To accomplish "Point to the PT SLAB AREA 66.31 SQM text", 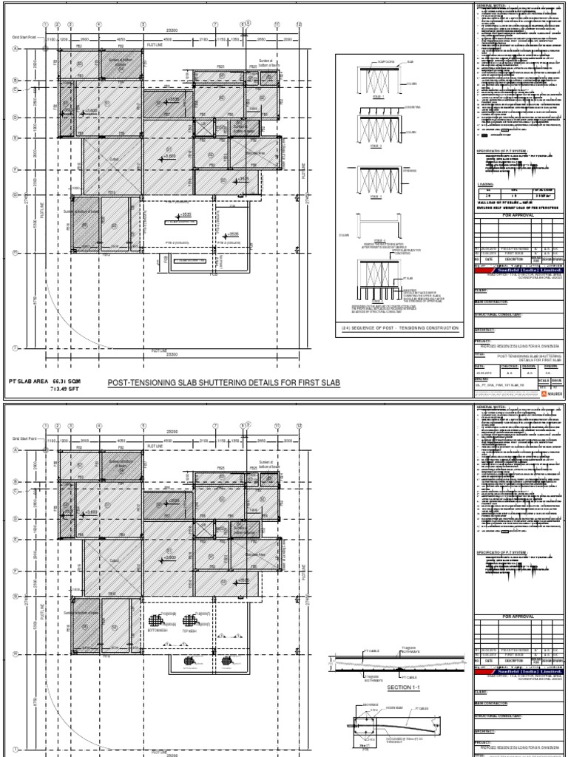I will click(x=44, y=379).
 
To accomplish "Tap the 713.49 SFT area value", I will click(x=64, y=387).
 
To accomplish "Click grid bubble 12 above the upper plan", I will click(x=298, y=24).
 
